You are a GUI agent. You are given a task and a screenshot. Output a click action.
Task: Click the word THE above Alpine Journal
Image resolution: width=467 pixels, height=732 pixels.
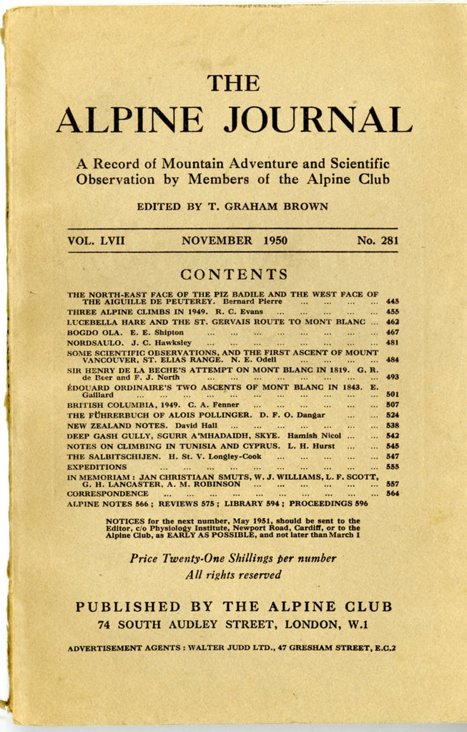[233, 83]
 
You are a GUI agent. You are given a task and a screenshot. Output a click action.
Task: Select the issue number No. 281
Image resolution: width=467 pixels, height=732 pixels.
[378, 241]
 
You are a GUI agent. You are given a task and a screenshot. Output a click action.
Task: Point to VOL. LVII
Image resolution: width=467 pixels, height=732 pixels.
[96, 241]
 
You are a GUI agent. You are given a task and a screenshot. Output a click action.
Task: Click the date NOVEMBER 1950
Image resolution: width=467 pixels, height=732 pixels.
[234, 241]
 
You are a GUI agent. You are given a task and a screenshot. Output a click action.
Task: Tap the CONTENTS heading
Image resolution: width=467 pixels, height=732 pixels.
[234, 274]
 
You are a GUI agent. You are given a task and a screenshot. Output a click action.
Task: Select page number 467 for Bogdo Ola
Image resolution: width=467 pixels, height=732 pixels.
[392, 332]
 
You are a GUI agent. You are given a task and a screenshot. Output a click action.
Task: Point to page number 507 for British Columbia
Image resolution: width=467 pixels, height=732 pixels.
[392, 405]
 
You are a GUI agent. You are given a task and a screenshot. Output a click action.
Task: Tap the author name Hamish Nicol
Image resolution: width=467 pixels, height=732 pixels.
[314, 435]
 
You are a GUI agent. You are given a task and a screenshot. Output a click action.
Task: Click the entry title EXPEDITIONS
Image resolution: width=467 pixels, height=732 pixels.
[97, 466]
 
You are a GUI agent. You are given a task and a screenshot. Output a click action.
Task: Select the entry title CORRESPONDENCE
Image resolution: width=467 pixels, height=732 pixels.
[108, 493]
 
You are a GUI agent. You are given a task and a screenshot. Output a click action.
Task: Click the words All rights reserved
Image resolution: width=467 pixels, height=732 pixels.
[233, 575]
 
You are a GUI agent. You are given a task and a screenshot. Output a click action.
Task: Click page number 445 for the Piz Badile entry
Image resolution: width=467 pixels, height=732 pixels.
[392, 302]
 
